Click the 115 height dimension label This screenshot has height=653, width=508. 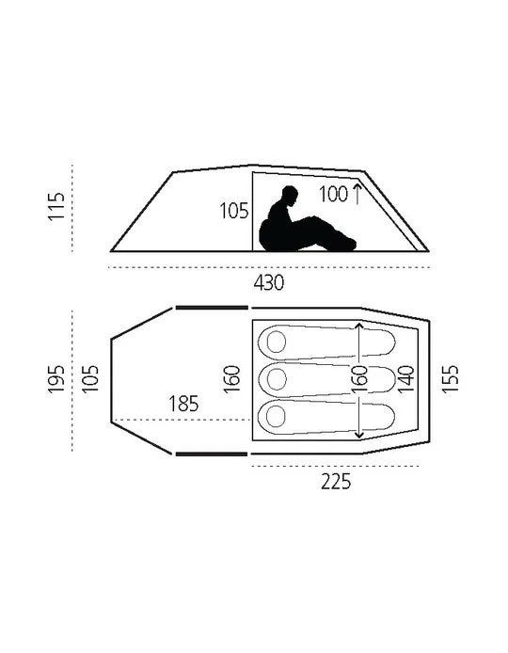pyautogui.click(x=56, y=206)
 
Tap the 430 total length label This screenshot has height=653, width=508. pyautogui.click(x=268, y=283)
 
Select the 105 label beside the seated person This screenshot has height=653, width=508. pyautogui.click(x=234, y=211)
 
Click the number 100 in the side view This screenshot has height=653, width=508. pyautogui.click(x=333, y=194)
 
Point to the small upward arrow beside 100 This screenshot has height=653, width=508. pyautogui.click(x=357, y=193)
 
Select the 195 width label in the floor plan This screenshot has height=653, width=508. pyautogui.click(x=56, y=379)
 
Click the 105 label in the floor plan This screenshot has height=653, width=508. pyautogui.click(x=90, y=379)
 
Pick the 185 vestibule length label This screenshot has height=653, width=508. pyautogui.click(x=183, y=404)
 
